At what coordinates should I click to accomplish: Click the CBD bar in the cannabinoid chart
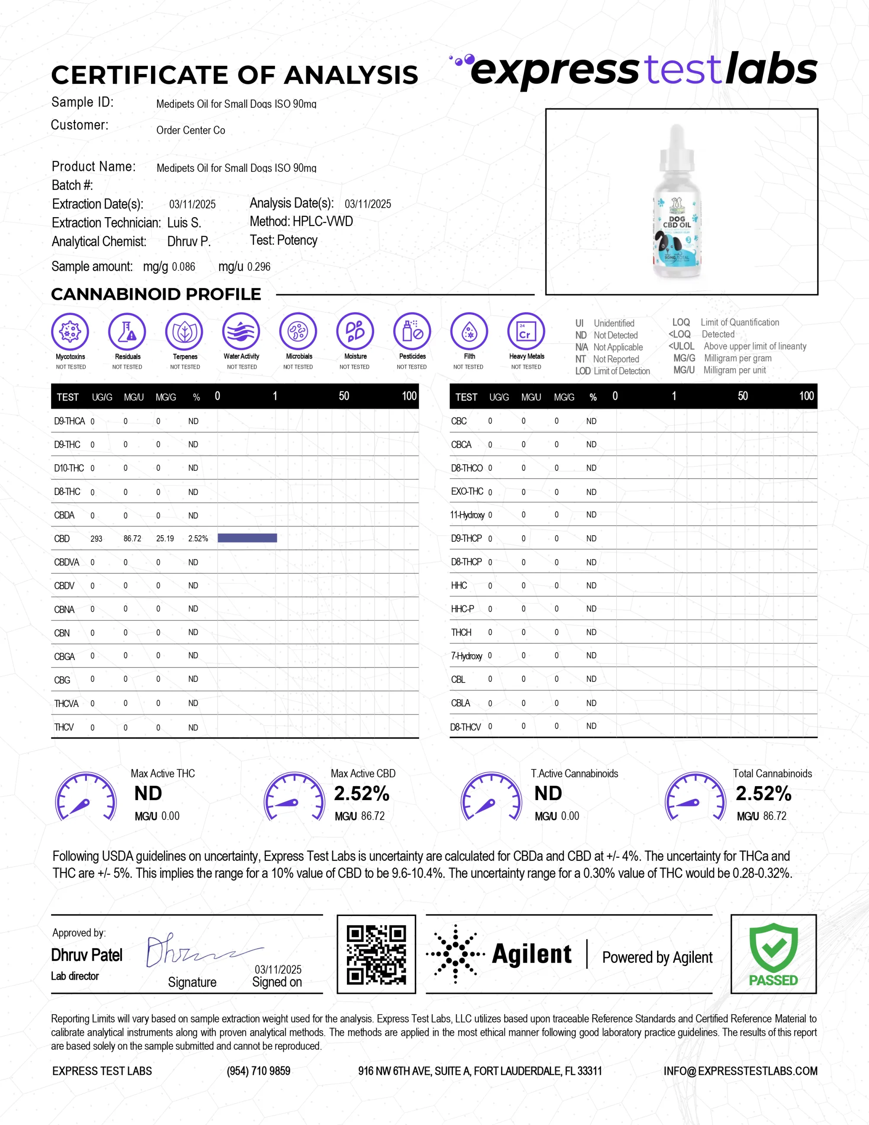point(247,538)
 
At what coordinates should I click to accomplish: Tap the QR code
point(376,954)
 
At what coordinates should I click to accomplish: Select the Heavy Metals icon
point(526,331)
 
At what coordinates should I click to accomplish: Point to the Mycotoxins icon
point(70,331)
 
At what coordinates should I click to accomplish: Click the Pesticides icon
point(412,331)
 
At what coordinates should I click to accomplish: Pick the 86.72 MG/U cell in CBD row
point(132,538)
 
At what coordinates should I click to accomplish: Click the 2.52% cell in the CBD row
point(198,538)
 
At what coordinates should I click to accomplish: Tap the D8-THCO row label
point(466,468)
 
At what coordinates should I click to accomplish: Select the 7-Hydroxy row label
point(466,656)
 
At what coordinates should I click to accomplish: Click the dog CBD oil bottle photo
point(677,202)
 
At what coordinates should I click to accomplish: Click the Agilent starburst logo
point(455,954)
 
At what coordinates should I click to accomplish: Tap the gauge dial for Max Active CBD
point(294,796)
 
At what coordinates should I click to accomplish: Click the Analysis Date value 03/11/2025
point(368,204)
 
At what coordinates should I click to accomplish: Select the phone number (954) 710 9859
point(258,1071)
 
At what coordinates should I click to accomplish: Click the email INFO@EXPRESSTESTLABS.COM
point(740,1071)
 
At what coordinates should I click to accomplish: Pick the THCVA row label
point(67,703)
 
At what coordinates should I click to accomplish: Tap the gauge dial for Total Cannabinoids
point(695,796)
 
